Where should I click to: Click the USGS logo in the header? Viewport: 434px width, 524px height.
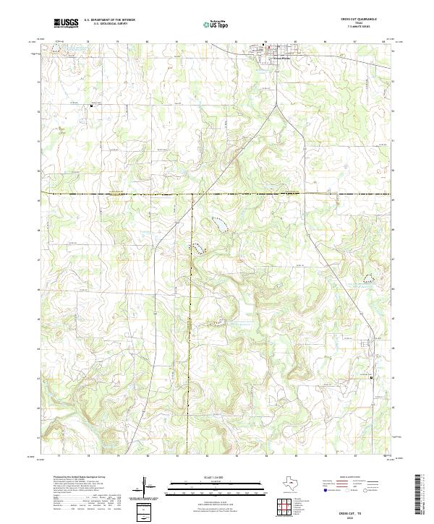click(66, 23)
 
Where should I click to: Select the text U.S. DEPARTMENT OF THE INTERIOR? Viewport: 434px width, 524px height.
click(109, 20)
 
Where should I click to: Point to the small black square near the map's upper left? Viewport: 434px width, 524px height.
click(91, 106)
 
